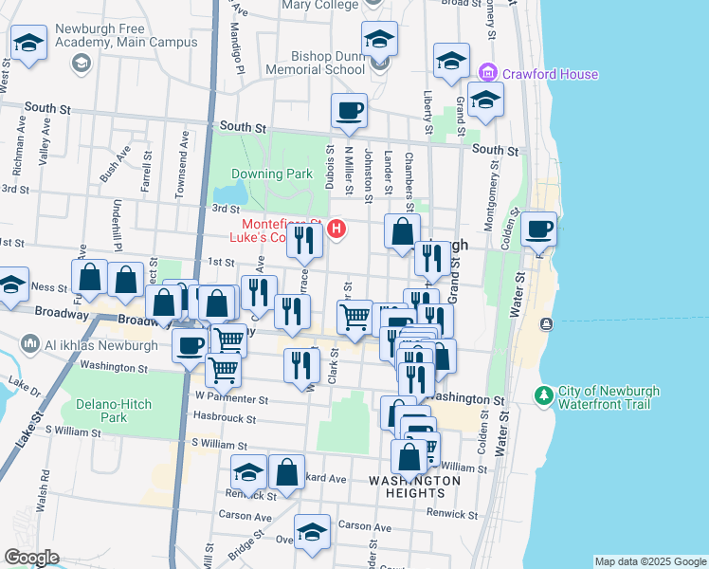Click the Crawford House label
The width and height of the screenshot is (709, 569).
(x=551, y=74)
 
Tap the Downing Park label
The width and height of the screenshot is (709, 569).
(x=272, y=174)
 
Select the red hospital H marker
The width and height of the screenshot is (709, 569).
(x=335, y=229)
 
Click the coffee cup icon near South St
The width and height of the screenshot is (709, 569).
(x=349, y=110)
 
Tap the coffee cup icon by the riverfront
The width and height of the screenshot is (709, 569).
(x=538, y=228)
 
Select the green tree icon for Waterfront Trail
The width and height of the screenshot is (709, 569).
(x=544, y=394)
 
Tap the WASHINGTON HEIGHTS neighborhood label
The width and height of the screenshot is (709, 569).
(x=414, y=486)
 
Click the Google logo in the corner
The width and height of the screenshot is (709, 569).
(x=31, y=558)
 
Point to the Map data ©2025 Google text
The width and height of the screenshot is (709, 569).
(x=649, y=561)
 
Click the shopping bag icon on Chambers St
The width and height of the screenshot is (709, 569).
(x=402, y=229)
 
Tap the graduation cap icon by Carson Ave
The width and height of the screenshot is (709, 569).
(x=311, y=531)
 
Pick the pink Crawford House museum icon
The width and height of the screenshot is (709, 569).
(x=488, y=72)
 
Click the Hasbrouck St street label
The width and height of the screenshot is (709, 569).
(x=225, y=417)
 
